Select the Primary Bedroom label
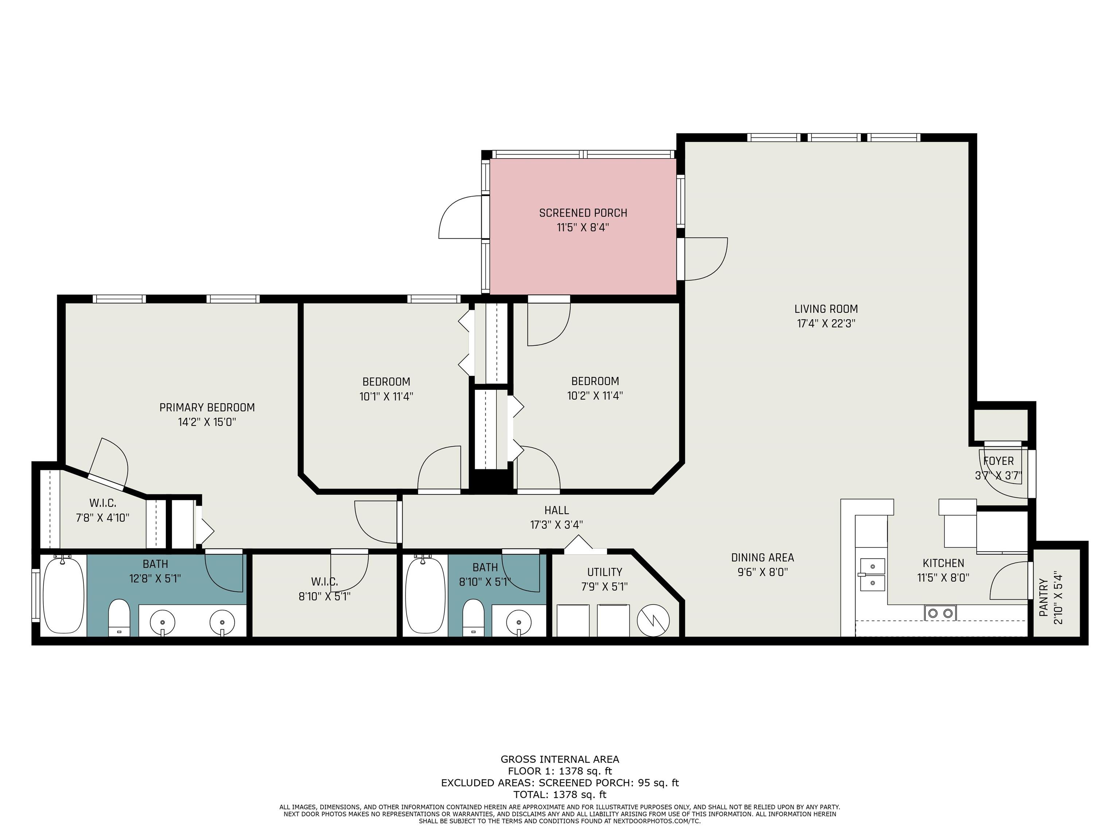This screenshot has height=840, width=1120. click(207, 408)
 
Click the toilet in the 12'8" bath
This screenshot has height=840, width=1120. click(120, 617)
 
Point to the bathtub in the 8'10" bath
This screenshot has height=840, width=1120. click(425, 595)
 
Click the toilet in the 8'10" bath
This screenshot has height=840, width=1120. click(474, 617)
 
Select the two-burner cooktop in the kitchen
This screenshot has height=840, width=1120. click(940, 613)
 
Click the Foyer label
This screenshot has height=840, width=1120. click(999, 461)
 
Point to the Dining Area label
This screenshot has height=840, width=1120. click(763, 557)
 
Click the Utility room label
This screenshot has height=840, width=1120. click(604, 572)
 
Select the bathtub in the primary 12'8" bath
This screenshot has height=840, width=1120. click(63, 595)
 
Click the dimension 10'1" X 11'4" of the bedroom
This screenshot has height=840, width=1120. click(386, 396)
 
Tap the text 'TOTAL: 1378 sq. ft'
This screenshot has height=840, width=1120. click(560, 794)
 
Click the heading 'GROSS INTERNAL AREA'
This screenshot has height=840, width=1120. click(560, 759)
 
